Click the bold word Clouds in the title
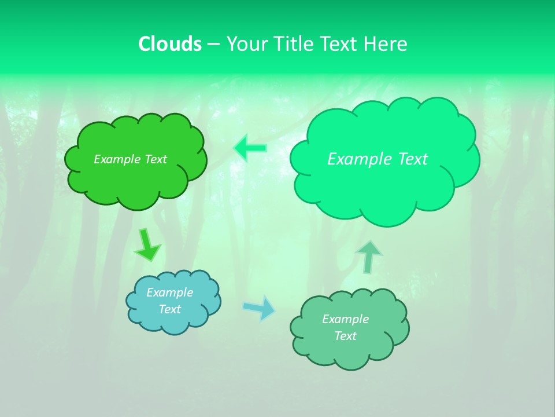(x=170, y=44)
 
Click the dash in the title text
(x=213, y=45)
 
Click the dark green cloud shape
(x=136, y=180)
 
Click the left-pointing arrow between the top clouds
(x=250, y=148)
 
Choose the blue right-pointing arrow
(x=260, y=308)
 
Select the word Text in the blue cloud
(x=169, y=309)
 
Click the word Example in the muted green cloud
(x=345, y=319)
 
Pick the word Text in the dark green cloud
(x=156, y=159)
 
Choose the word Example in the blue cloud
(x=169, y=292)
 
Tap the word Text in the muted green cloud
(x=345, y=336)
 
